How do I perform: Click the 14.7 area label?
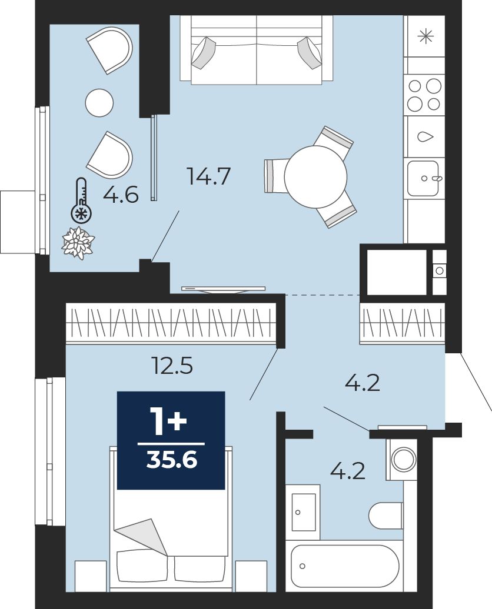pos(209,176)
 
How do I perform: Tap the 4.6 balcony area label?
pos(121,194)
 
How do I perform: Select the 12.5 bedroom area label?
pos(172,366)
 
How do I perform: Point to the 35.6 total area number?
pos(171,460)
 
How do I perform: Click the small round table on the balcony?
pos(99,102)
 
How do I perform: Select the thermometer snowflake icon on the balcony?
pos(81,201)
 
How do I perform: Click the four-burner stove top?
pos(424,95)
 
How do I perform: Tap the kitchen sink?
pos(424,179)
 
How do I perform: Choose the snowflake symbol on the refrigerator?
pos(425,36)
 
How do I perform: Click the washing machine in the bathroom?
pos(401,459)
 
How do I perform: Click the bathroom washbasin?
pos(303,512)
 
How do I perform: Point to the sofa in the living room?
pos(257,49)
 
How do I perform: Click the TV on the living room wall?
pos(224,289)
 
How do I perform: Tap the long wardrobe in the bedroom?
pos(171,323)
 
